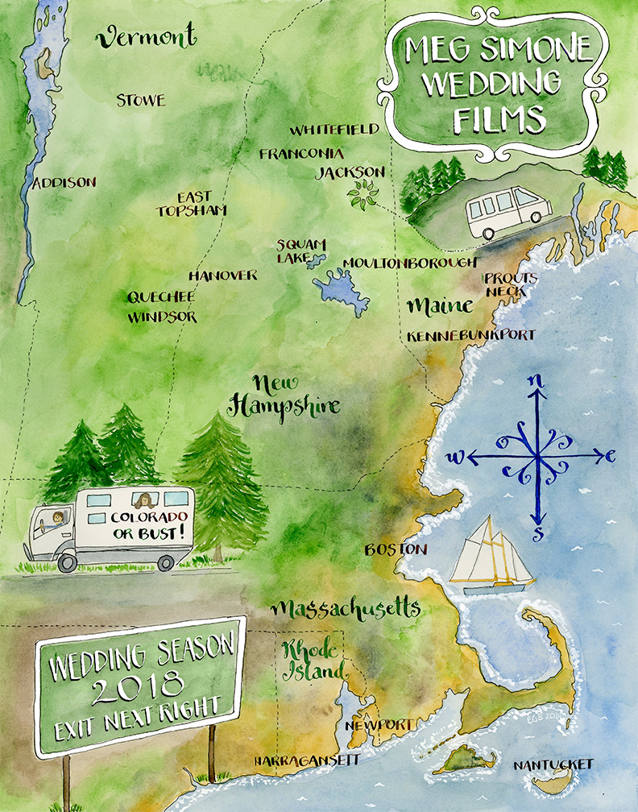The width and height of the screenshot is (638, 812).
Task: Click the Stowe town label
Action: [140, 101]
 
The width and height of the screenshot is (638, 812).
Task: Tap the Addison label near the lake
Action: [64, 183]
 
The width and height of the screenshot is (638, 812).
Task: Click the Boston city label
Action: [395, 549]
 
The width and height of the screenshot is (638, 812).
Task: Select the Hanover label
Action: [222, 275]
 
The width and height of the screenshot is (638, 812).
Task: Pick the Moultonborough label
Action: [410, 263]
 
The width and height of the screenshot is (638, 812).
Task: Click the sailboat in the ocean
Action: [490, 556]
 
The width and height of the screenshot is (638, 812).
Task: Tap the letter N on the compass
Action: [536, 381]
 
